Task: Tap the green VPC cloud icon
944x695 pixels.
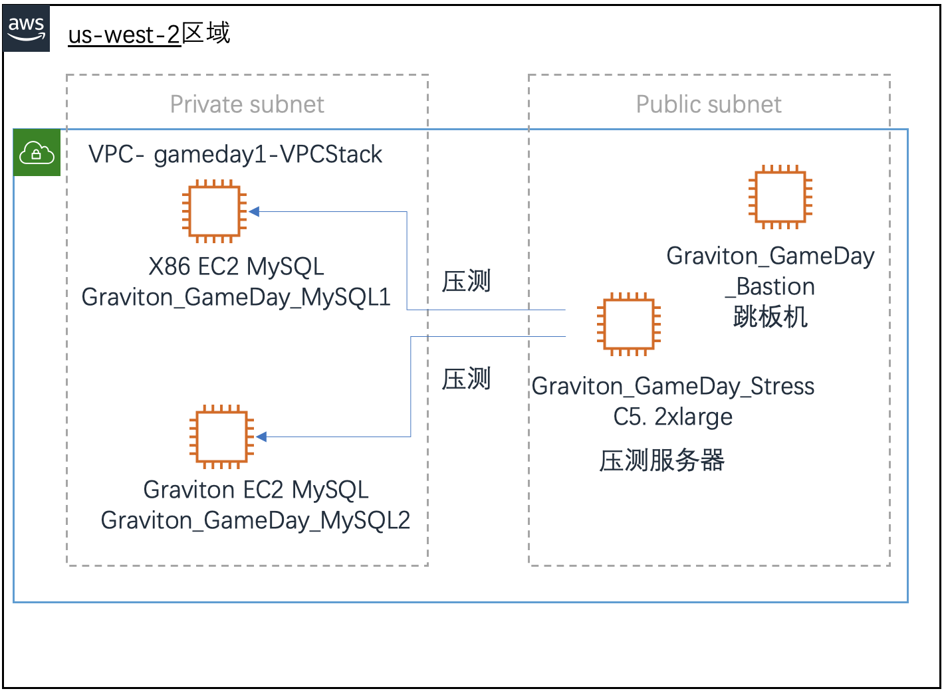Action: coord(37,153)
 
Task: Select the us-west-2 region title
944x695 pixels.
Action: coord(149,33)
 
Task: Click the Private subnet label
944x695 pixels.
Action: coord(247,104)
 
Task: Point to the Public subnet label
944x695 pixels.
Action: coord(709,104)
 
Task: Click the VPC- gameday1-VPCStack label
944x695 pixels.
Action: coord(235,154)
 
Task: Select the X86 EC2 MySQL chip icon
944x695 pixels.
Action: coord(214,212)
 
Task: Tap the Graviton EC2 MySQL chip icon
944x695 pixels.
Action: coord(221,437)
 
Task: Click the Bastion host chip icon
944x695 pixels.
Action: coord(780,197)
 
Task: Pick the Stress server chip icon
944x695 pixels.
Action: coord(628,324)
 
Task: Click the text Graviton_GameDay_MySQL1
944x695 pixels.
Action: coord(236,297)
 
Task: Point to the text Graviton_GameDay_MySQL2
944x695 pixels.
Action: coord(255,520)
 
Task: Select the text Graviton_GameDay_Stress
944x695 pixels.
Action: coord(673,386)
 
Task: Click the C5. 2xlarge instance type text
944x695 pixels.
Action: coord(673,417)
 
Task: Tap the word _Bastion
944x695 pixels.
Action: coord(770,286)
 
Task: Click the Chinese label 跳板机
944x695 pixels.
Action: coord(770,317)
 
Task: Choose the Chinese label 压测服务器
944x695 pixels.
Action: coord(661,460)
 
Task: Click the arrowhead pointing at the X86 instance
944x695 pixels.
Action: coord(254,212)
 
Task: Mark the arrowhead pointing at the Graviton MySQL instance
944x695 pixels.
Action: coord(261,437)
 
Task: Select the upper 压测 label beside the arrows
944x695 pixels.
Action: coord(467,282)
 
